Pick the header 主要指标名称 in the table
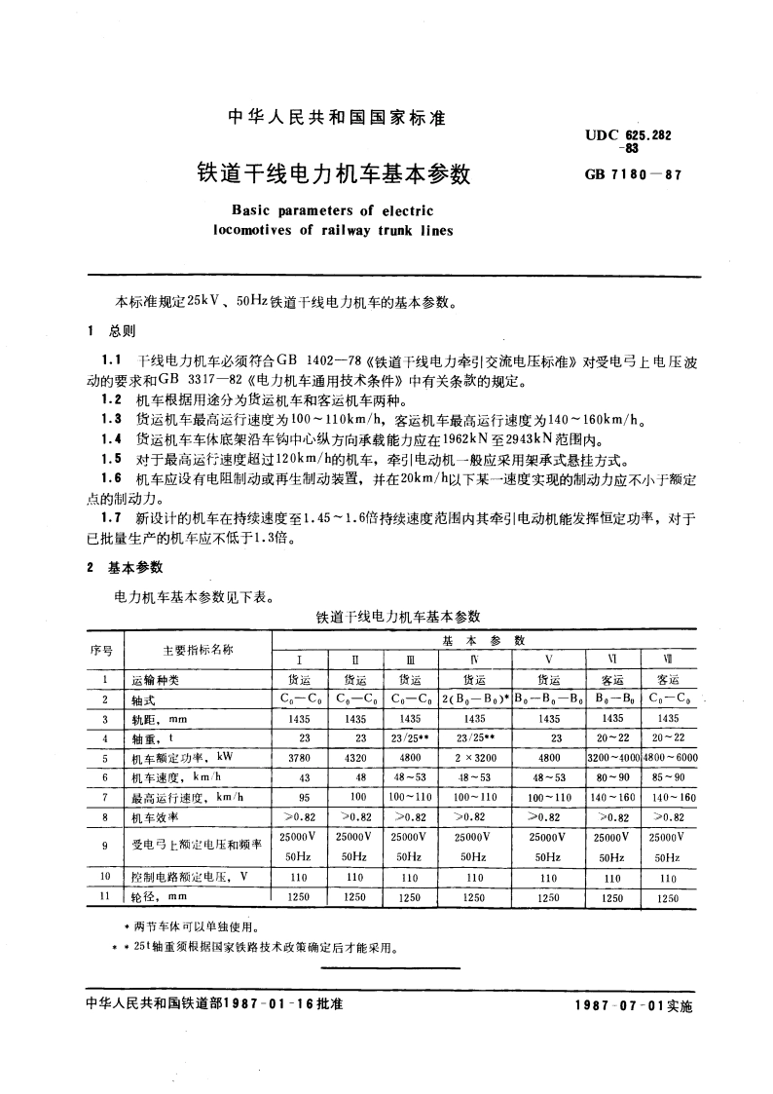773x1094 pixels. click(191, 649)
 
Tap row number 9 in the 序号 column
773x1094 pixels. click(103, 846)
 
